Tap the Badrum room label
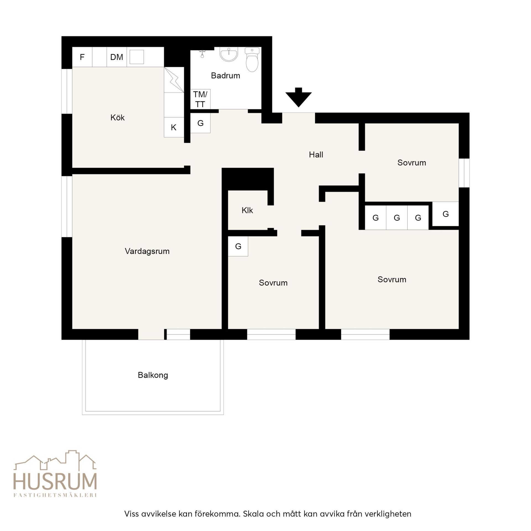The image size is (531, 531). point(225,76)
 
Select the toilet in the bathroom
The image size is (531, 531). point(252,59)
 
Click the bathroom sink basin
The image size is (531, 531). point(229,54)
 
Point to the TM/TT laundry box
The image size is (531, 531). point(200,99)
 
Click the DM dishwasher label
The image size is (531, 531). point(116,57)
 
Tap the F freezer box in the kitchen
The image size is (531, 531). point(82,57)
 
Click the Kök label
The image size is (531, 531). point(118,118)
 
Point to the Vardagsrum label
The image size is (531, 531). point(147,251)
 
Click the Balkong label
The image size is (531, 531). point(153,375)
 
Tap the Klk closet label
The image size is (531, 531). point(247,210)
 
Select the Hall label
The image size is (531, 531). point(316,155)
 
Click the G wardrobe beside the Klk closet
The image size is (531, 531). point(238,246)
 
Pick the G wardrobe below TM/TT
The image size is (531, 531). point(201,123)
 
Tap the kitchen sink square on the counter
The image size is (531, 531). point(137,57)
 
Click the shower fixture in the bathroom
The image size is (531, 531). point(202,53)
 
